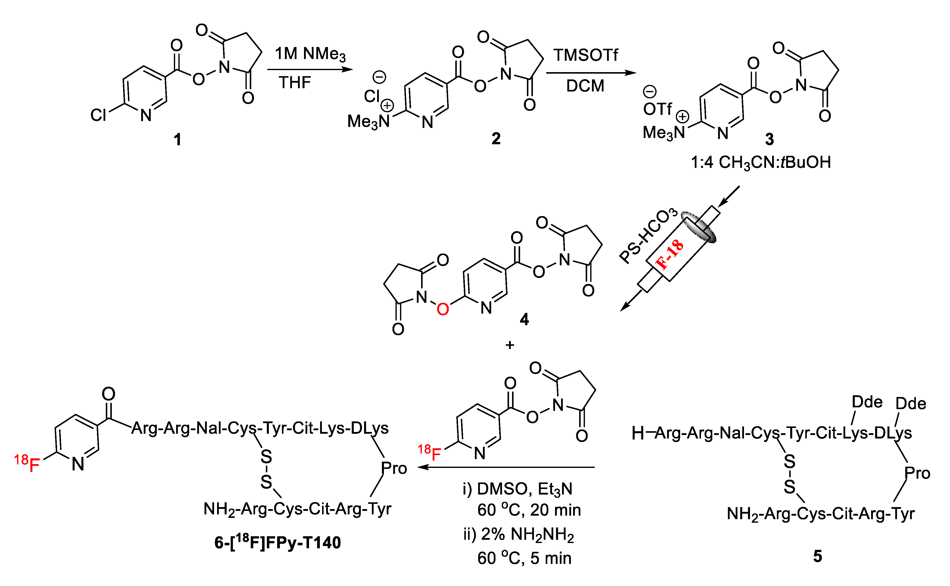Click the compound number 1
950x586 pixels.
177,139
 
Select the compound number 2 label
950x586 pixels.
496,139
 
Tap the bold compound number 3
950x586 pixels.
769,139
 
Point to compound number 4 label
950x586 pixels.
524,320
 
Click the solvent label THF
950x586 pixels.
295,83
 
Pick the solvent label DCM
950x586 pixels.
585,86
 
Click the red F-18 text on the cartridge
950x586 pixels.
669,255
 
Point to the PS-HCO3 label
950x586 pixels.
648,235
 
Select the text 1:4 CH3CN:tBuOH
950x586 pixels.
761,162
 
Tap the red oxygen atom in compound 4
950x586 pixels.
442,309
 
